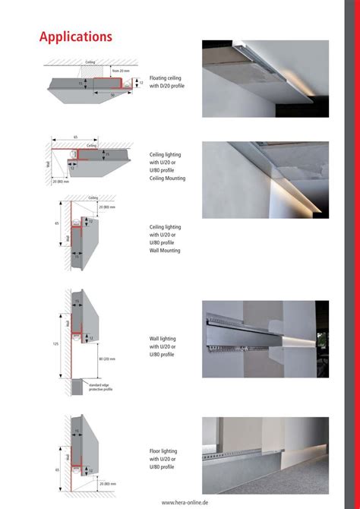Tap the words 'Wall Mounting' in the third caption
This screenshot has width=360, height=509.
coord(166,250)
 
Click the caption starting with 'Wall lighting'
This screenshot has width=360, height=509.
coord(166,346)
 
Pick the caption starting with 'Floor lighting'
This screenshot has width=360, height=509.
coord(166,458)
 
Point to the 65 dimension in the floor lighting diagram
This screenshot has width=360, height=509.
coord(58,470)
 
